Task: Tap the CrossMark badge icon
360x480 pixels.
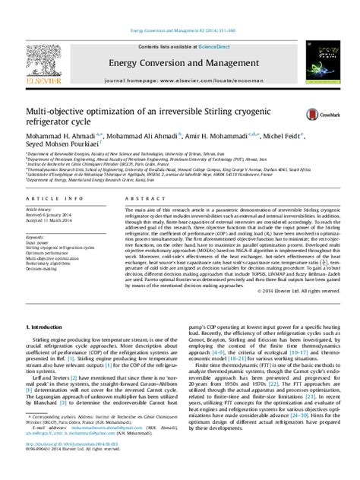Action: (313, 113)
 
